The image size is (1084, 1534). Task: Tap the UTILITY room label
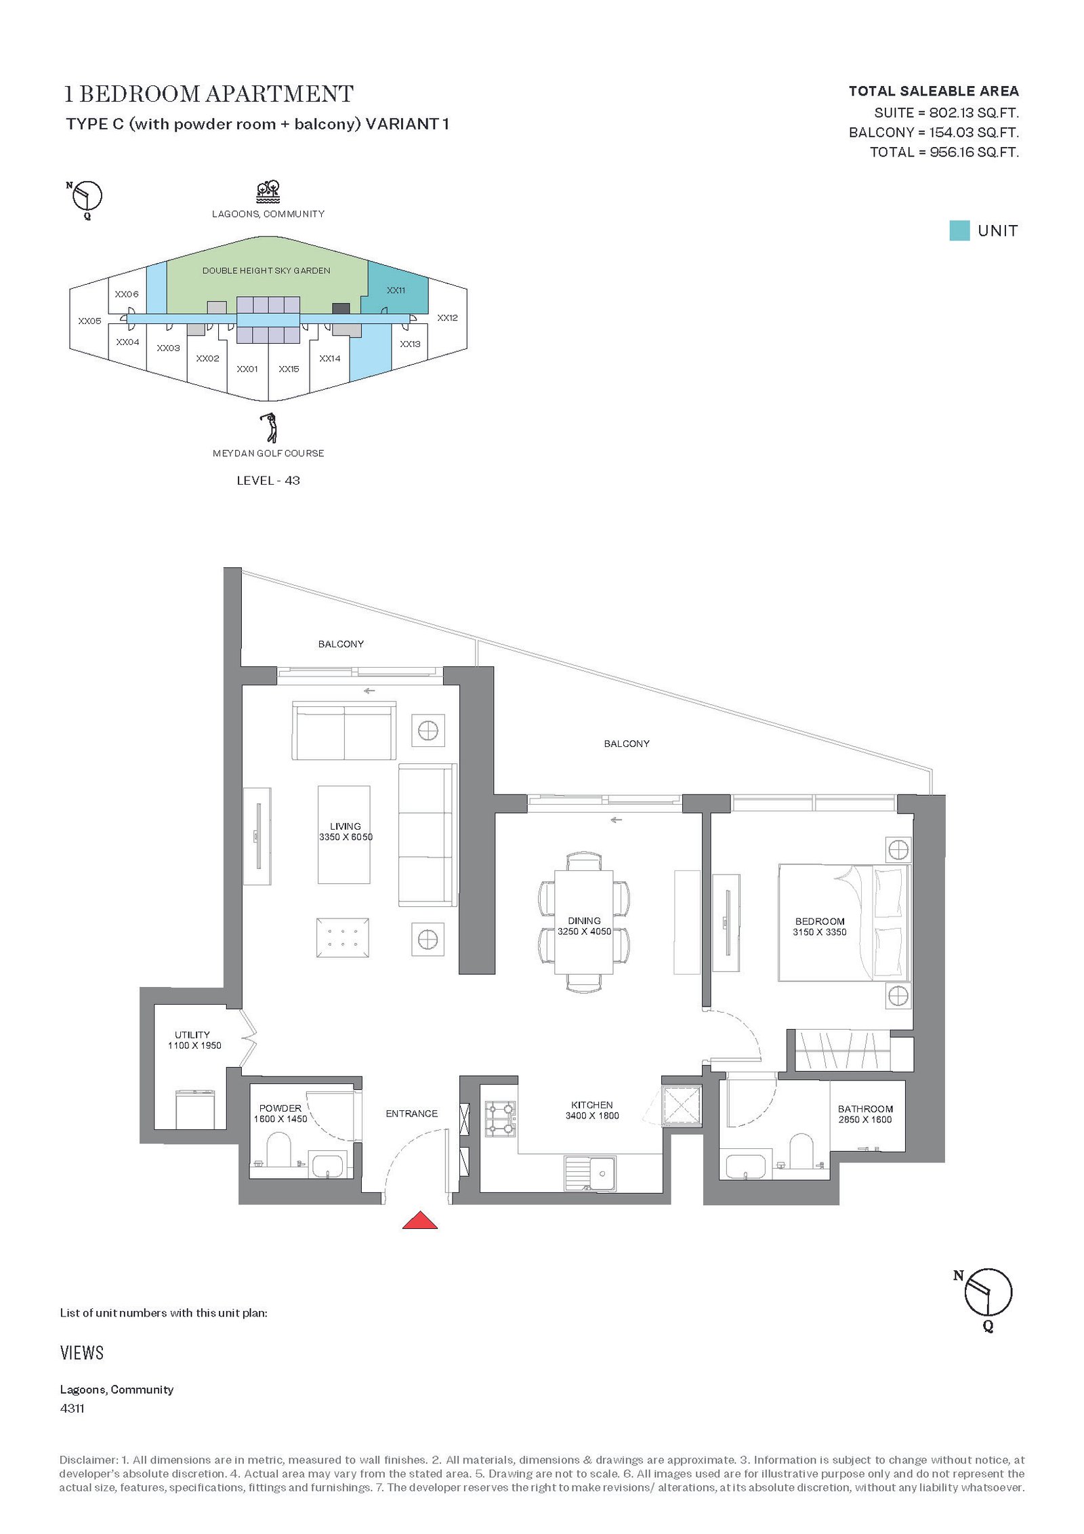[x=192, y=1034]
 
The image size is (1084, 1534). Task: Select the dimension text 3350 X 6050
[x=346, y=837]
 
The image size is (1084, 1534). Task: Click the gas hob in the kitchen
[x=501, y=1118]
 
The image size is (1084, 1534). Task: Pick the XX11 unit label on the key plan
[x=396, y=290]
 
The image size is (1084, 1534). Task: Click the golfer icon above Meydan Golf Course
[x=270, y=428]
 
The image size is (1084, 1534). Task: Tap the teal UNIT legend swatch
[x=959, y=230]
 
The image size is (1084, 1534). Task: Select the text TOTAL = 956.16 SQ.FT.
[x=944, y=152]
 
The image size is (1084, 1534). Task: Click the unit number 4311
[x=72, y=1408]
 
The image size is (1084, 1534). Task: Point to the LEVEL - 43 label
[x=268, y=481]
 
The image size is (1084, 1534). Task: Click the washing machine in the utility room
[x=195, y=1109]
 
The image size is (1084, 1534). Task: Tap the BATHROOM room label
[x=865, y=1109]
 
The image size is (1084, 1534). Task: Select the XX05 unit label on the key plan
[x=89, y=321]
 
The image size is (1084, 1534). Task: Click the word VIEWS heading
[x=82, y=1353]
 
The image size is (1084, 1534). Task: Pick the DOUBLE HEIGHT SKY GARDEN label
[x=266, y=270]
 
